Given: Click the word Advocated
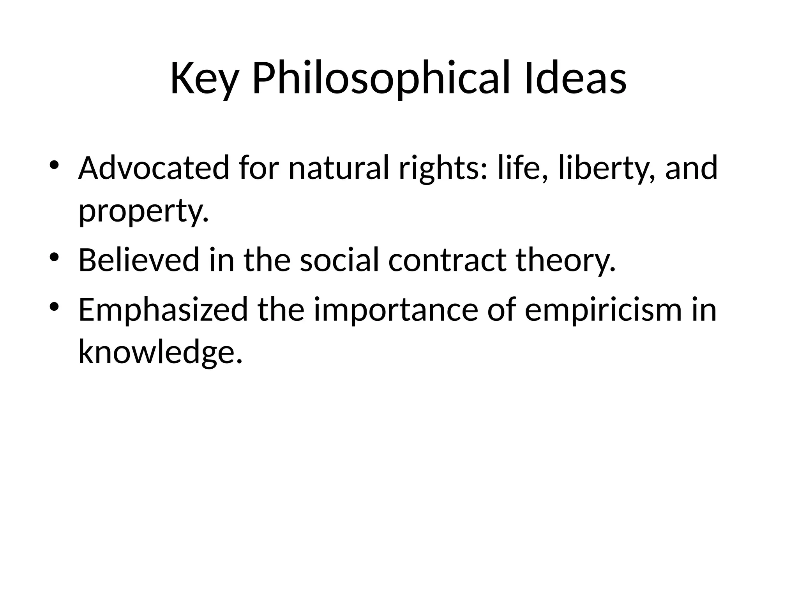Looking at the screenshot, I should pos(154,168).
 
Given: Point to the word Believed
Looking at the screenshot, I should pos(139,260).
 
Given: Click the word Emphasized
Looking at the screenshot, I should pos(163,310).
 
